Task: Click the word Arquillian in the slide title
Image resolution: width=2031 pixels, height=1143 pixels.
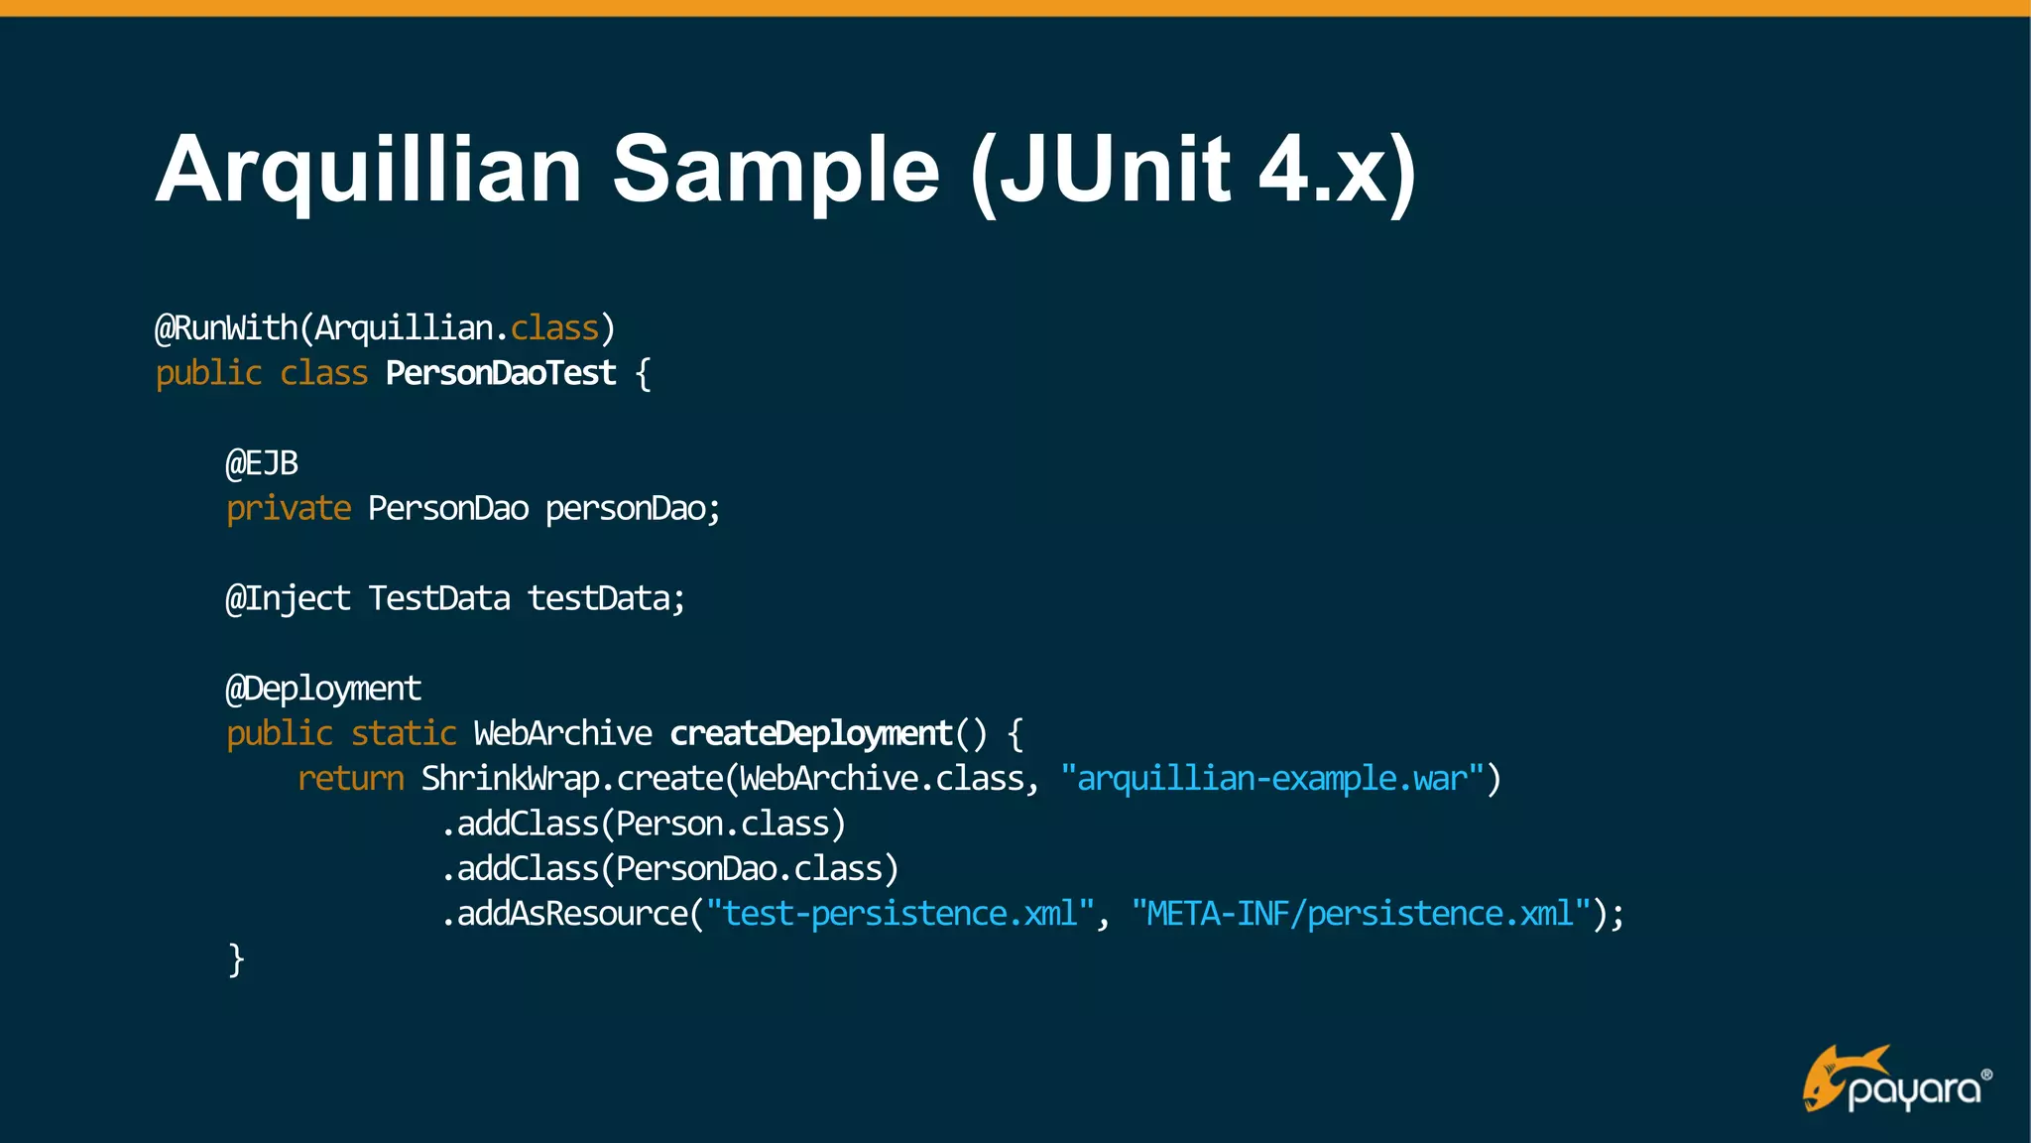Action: click(368, 171)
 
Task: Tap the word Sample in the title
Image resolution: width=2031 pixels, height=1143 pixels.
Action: click(776, 171)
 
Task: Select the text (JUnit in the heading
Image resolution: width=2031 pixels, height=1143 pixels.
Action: click(1101, 171)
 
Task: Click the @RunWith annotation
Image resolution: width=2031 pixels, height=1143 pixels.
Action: click(226, 328)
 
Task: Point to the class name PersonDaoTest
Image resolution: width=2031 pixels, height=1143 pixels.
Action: click(501, 374)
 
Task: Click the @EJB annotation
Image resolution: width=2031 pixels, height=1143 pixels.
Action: click(262, 463)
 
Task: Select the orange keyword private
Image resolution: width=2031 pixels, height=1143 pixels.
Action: click(289, 509)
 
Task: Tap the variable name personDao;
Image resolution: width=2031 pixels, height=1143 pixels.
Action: click(633, 509)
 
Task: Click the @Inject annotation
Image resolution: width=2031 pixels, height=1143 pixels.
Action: click(288, 598)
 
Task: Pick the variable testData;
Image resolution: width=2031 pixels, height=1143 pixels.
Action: click(606, 598)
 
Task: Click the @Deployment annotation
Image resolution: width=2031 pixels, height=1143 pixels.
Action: click(323, 689)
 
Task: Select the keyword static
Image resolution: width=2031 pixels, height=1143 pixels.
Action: click(404, 733)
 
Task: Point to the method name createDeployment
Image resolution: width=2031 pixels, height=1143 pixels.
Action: click(811, 733)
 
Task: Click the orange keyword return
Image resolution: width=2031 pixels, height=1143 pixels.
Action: click(351, 779)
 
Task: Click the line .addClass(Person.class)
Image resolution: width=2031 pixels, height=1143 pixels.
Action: click(644, 824)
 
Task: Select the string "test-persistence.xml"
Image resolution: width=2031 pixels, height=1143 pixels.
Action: click(900, 914)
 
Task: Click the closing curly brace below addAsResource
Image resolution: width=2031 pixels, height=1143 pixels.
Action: click(236, 959)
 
